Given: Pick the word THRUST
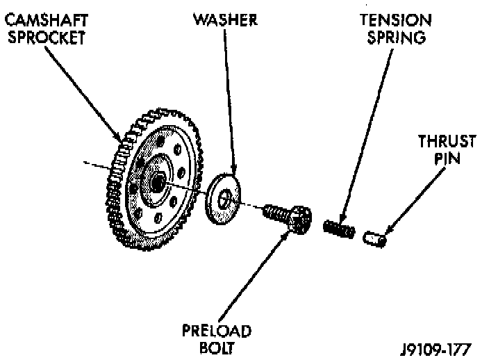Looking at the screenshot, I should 447,141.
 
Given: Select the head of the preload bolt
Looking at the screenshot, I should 299,219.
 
